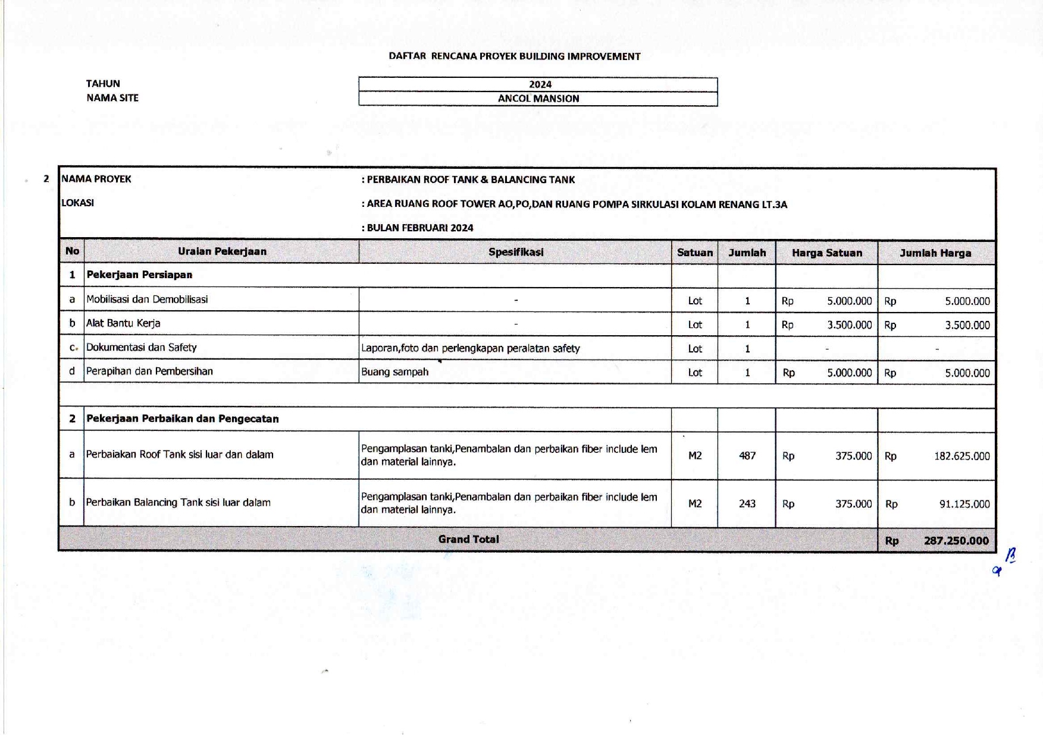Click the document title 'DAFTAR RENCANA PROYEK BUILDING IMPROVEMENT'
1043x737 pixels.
point(514,56)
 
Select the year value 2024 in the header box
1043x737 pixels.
point(540,84)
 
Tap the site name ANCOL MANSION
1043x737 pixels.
point(538,99)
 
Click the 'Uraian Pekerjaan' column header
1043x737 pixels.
point(222,251)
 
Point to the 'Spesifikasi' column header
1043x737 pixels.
point(516,252)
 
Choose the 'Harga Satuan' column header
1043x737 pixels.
point(826,253)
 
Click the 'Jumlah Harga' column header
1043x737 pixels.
point(935,253)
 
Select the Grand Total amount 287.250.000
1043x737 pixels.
point(956,540)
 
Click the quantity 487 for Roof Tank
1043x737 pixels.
point(747,456)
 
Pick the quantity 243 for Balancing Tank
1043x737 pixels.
point(747,503)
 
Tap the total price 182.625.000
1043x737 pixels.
point(961,456)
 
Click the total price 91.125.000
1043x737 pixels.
point(964,504)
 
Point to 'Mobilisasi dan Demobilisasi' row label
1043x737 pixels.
point(147,300)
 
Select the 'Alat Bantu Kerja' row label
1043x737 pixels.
point(123,323)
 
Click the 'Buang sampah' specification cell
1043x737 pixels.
point(394,372)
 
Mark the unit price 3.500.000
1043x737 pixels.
point(849,325)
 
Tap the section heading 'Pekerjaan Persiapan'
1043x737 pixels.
point(139,275)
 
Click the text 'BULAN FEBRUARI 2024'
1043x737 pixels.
point(419,228)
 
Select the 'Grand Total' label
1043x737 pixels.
point(468,539)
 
